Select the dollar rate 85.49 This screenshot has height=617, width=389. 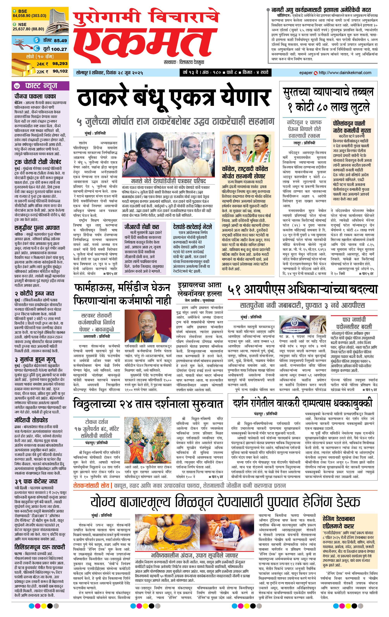coord(60,40)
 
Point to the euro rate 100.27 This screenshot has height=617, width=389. coord(59,49)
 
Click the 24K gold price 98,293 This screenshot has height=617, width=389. coord(60,63)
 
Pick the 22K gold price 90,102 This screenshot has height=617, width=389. coord(60,71)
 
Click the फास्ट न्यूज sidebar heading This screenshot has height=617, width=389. coord(41,86)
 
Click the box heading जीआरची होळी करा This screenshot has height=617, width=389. coord(142,227)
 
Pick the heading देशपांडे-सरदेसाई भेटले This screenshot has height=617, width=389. coord(192,227)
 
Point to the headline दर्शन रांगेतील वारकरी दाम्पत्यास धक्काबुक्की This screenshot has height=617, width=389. coord(302,403)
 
